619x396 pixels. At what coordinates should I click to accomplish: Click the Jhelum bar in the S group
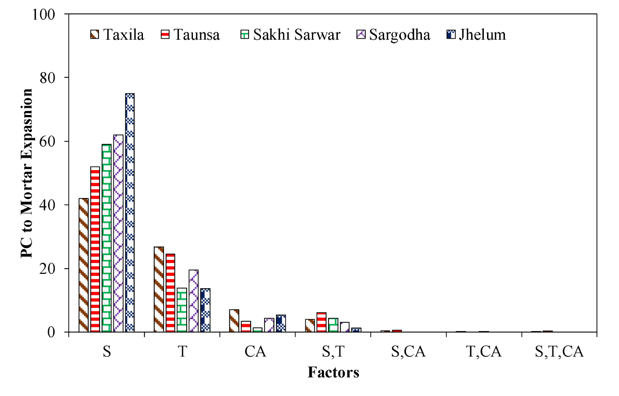(130, 212)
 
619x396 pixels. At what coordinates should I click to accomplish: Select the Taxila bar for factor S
(84, 265)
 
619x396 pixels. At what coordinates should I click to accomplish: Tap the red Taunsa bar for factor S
(95, 249)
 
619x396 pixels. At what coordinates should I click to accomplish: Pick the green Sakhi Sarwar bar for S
(107, 238)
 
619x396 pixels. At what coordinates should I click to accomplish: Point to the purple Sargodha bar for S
(118, 234)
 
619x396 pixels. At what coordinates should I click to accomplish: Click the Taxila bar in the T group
(159, 289)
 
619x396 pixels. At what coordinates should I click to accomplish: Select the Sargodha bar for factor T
(194, 301)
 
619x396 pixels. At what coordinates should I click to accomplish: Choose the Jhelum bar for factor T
(205, 310)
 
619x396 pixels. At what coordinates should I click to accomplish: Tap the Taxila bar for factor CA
(234, 321)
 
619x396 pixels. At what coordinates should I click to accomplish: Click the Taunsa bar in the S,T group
(321, 322)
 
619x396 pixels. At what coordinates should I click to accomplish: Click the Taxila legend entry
(117, 35)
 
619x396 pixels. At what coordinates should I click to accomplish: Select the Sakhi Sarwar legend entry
(290, 35)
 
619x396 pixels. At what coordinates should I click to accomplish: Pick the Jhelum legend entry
(476, 35)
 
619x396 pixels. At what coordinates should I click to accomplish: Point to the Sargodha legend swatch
(361, 35)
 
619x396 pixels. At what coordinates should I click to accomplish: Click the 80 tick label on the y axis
(47, 78)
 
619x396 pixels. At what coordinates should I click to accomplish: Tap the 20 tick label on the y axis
(47, 269)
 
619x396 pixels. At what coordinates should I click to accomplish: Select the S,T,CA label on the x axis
(559, 352)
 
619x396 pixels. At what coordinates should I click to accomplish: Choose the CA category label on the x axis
(255, 352)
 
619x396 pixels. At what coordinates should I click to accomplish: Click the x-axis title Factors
(333, 372)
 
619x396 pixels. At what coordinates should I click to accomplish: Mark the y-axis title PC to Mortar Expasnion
(27, 173)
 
